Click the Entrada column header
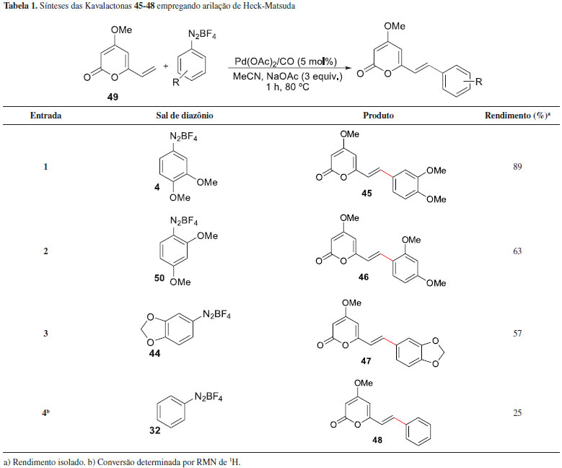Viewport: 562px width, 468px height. tap(45, 115)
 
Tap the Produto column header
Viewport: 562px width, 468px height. tap(378, 115)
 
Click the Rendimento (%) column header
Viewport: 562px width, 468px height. tap(517, 115)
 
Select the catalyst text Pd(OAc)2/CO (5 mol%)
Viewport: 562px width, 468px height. tap(288, 62)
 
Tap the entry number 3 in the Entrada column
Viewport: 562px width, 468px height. tap(45, 334)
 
